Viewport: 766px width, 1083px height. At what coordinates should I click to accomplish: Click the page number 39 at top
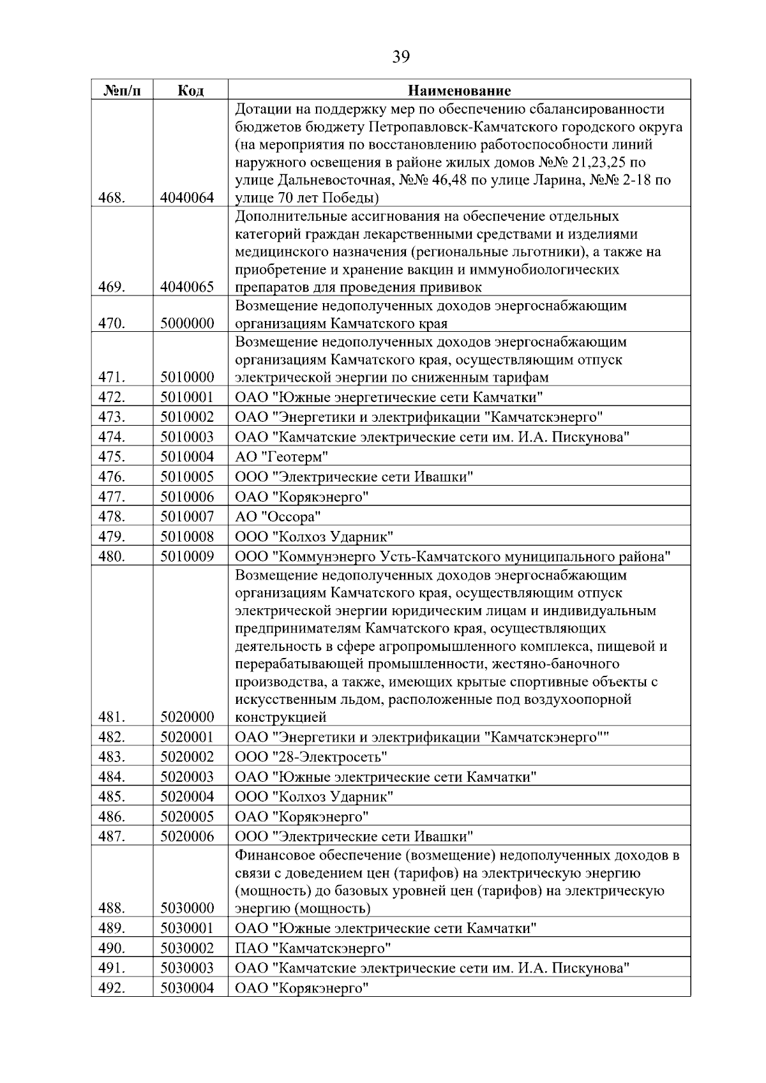pyautogui.click(x=401, y=57)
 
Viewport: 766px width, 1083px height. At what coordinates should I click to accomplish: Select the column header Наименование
pyautogui.click(x=459, y=90)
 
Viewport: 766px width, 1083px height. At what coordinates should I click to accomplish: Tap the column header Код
pyautogui.click(x=190, y=90)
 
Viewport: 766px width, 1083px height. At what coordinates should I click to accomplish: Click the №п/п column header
pyautogui.click(x=121, y=90)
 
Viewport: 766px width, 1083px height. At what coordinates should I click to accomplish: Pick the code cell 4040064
pyautogui.click(x=187, y=198)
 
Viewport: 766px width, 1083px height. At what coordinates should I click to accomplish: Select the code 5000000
pyautogui.click(x=187, y=324)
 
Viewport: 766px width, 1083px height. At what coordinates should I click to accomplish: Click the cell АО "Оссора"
pyautogui.click(x=278, y=516)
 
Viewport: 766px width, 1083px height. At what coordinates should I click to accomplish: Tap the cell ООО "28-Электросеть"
pyautogui.click(x=311, y=758)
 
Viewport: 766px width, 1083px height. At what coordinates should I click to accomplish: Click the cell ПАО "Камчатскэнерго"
pyautogui.click(x=313, y=948)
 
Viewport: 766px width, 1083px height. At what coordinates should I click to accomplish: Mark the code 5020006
pyautogui.click(x=187, y=837)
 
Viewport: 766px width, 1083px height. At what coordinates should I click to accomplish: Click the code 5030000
pyautogui.click(x=187, y=908)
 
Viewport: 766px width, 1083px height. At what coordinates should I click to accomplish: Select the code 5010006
pyautogui.click(x=187, y=497)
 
